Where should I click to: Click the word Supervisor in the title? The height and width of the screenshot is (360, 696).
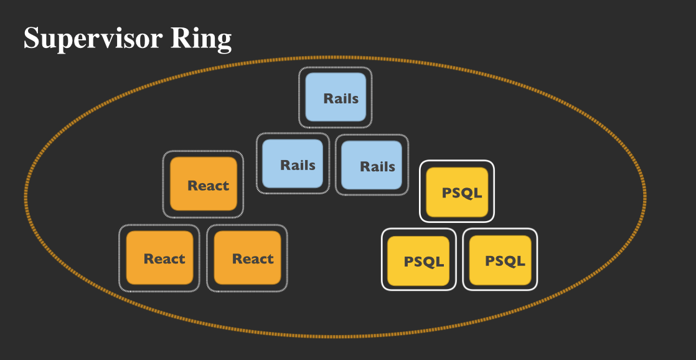point(93,39)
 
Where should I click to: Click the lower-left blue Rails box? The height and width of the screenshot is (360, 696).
point(293,164)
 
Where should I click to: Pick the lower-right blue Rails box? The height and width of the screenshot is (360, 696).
point(372,165)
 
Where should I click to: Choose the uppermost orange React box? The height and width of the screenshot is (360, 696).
point(203,184)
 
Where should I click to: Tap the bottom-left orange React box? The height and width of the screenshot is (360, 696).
point(159,258)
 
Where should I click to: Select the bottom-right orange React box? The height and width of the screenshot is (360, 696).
point(247,258)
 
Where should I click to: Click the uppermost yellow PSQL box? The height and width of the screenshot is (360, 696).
point(456,191)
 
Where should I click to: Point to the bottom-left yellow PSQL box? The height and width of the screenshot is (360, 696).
point(418,260)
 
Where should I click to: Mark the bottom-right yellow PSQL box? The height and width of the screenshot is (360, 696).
point(500,260)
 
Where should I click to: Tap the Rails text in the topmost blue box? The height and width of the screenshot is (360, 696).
point(341,98)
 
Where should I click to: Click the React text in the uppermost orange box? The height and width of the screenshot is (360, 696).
point(209,186)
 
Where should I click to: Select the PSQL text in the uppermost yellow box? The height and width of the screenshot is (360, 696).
point(462,192)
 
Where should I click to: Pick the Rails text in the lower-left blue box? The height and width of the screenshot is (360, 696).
point(298,165)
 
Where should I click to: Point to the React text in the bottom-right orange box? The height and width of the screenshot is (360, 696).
point(253,259)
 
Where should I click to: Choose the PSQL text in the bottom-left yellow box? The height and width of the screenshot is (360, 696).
point(424,262)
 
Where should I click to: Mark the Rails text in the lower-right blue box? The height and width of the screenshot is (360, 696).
point(377,166)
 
